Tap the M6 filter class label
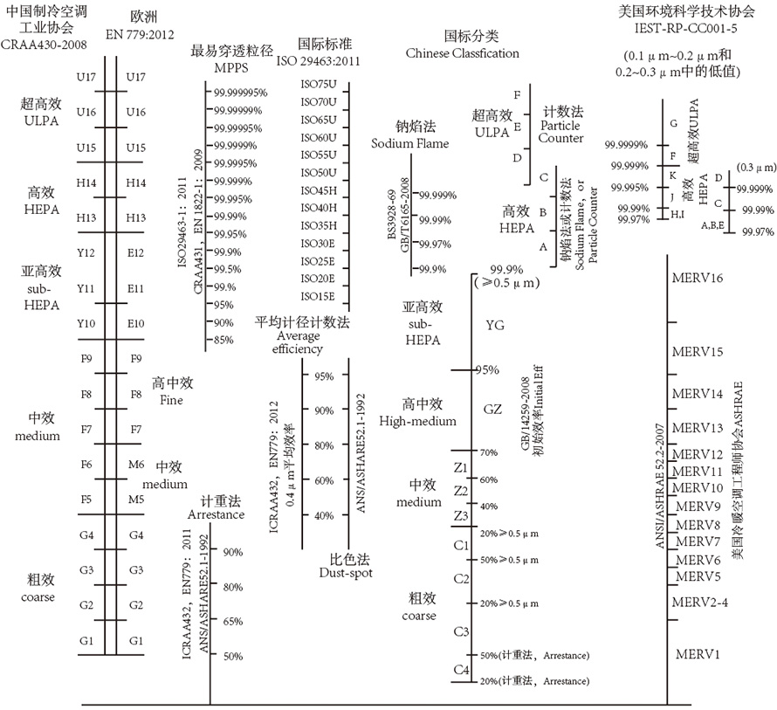tap(136, 464)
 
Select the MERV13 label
tap(698, 427)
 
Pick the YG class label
tap(494, 326)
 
